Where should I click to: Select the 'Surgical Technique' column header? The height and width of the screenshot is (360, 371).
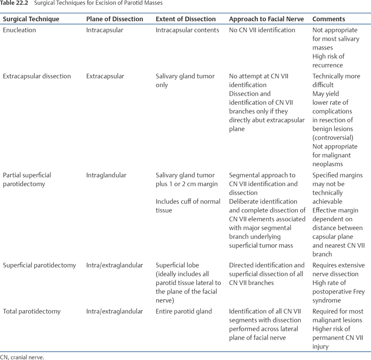[x=31, y=19]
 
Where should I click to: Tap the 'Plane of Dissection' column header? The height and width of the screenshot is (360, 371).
[x=115, y=19]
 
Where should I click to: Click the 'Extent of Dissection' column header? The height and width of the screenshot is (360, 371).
[x=185, y=19]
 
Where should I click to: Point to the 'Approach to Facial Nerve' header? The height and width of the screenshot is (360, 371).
[x=266, y=19]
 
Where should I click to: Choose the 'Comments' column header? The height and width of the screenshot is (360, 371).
[x=329, y=19]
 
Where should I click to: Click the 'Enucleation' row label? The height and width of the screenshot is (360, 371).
[x=19, y=30]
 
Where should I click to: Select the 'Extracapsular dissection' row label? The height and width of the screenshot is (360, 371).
[x=37, y=76]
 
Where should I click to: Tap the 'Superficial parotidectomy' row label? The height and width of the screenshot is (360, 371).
[x=39, y=265]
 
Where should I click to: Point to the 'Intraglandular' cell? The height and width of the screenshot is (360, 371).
[x=106, y=175]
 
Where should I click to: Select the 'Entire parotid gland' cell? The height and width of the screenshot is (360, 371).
[x=184, y=311]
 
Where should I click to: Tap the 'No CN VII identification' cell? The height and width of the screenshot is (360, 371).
[x=262, y=30]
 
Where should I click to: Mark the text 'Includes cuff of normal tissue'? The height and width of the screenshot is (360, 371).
[x=184, y=206]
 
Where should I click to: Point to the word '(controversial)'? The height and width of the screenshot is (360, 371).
[x=333, y=138]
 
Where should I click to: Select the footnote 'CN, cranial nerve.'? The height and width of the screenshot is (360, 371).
[x=23, y=357]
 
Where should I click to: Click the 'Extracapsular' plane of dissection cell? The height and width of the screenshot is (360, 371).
[x=105, y=76]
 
